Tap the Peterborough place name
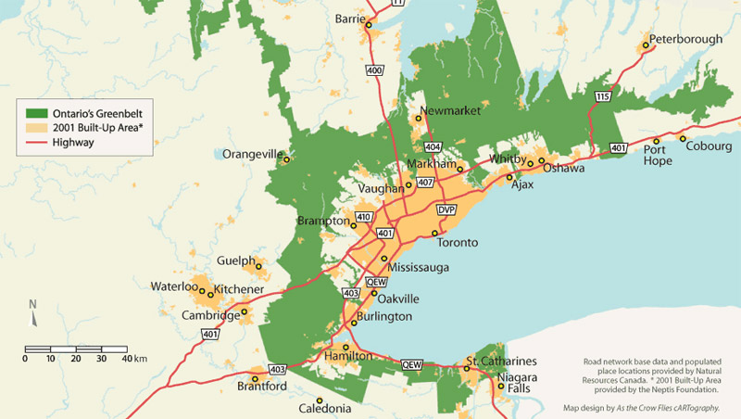[x=685, y=40]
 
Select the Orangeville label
[x=251, y=155]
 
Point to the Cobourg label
[x=709, y=146]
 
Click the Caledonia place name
[x=324, y=409]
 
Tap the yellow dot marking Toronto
[x=434, y=234]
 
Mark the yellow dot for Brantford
[x=254, y=378]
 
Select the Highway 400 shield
[x=374, y=70]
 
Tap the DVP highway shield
[x=447, y=209]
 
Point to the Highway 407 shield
[x=425, y=183]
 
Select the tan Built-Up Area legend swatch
[x=36, y=127]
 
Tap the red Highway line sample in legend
[x=36, y=143]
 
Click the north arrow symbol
[x=32, y=314]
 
